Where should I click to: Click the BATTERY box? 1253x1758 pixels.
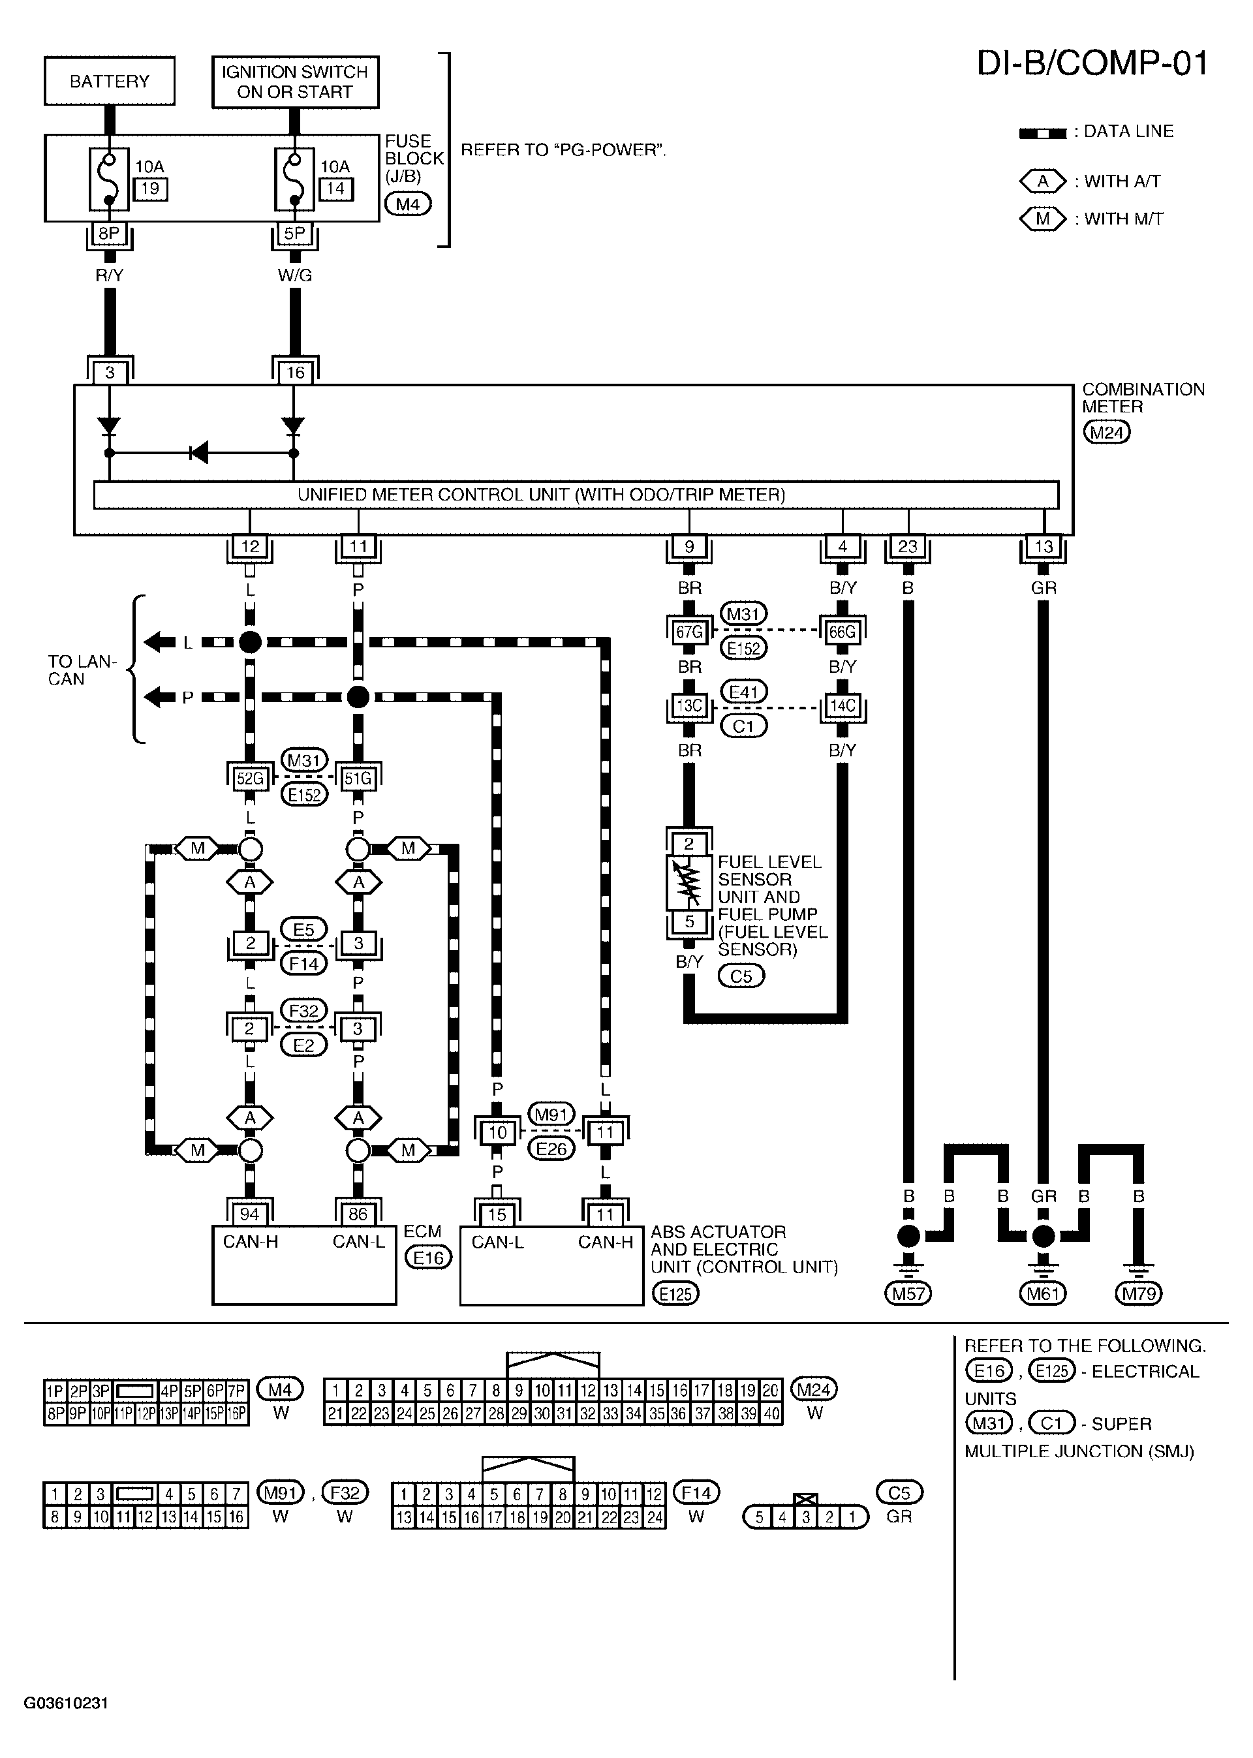pos(110,81)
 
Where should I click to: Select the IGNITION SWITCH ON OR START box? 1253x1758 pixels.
pos(295,82)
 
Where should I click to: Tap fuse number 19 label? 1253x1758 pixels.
pos(151,188)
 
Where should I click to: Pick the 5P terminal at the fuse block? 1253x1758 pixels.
pos(295,234)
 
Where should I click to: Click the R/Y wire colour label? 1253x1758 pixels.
pos(109,275)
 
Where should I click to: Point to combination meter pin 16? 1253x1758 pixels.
pos(296,373)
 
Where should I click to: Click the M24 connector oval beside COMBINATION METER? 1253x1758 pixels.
pos(1106,432)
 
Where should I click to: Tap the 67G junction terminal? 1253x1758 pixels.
pos(689,632)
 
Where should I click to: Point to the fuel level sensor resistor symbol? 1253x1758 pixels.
pos(689,882)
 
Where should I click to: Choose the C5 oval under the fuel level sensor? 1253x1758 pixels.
pos(741,976)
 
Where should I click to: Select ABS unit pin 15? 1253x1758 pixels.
pos(497,1215)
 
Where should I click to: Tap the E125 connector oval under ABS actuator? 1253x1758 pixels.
pos(675,1293)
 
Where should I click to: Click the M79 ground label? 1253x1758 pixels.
pos(1139,1293)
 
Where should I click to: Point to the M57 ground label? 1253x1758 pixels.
pos(908,1293)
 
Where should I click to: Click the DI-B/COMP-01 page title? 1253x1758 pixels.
pos(1092,63)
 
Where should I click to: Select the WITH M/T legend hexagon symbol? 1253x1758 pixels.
pos(1042,219)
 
